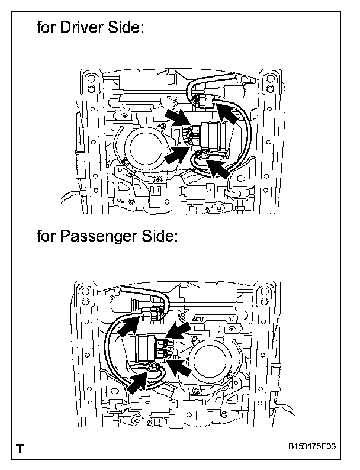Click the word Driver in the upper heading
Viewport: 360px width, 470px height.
click(x=81, y=28)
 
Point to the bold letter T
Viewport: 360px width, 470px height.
click(x=21, y=449)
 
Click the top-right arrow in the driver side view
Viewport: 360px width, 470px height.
click(x=228, y=112)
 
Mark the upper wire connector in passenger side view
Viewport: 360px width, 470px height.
click(x=153, y=312)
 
